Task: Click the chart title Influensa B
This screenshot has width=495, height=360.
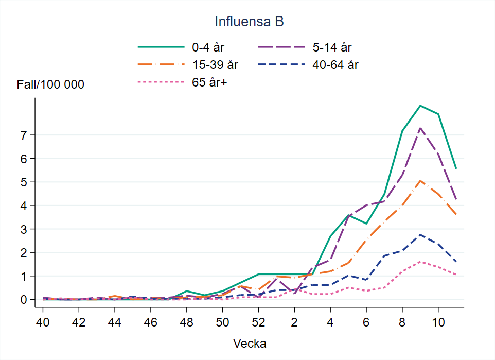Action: (x=249, y=22)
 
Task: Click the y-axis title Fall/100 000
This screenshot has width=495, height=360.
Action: (x=50, y=85)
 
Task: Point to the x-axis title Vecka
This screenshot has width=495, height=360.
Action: (x=250, y=344)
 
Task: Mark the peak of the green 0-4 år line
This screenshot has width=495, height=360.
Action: (x=420, y=106)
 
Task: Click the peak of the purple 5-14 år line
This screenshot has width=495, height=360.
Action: (x=420, y=128)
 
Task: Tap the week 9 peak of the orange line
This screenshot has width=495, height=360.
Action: (x=420, y=181)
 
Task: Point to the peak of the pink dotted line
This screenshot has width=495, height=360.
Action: (x=420, y=262)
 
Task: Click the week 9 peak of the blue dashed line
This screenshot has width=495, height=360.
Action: (x=420, y=235)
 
